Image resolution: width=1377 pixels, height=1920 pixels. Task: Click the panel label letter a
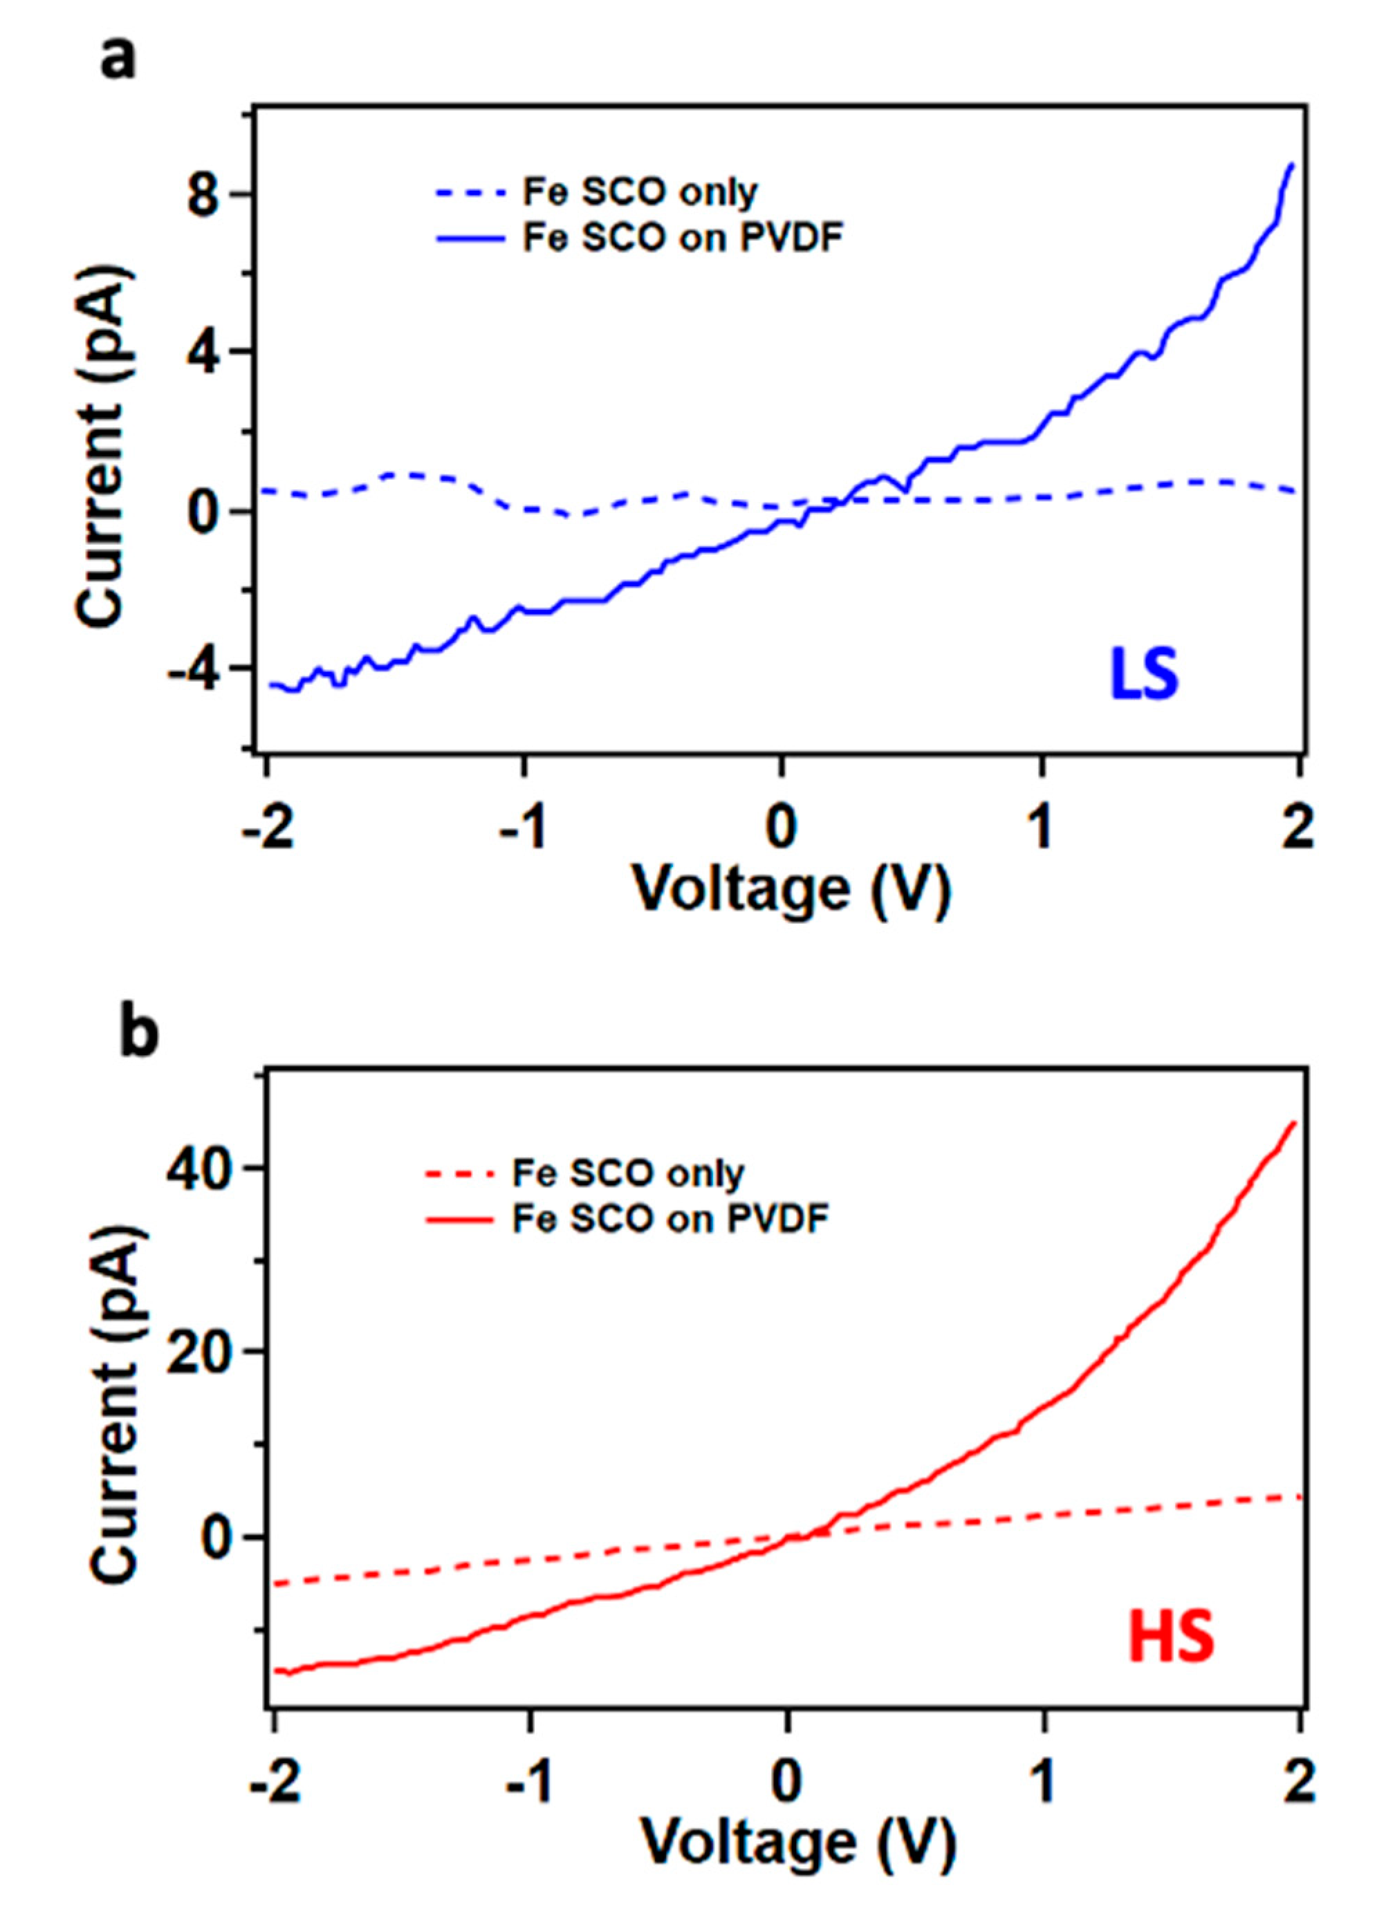[118, 59]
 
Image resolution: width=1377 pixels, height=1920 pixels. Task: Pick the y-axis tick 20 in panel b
[196, 1351]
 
